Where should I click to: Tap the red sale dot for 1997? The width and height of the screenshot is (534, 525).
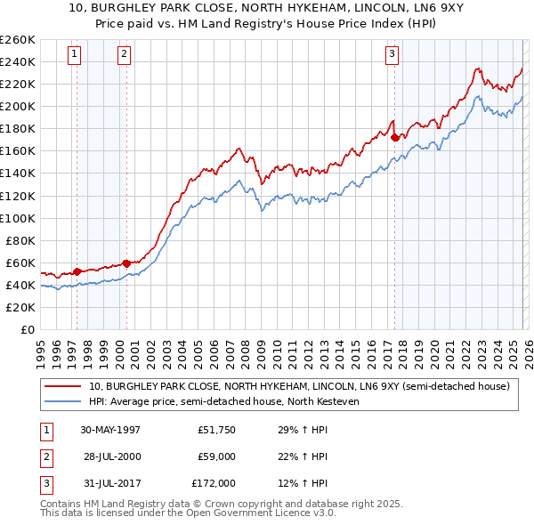[77, 271]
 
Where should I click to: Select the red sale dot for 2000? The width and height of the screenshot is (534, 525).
[127, 263]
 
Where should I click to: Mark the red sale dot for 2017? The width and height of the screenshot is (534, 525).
[395, 137]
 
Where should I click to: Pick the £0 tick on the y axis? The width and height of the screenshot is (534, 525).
[26, 329]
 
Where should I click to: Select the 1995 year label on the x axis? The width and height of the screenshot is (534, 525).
[41, 350]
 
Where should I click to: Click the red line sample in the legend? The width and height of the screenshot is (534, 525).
[62, 386]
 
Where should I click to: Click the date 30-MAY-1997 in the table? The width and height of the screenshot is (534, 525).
[110, 430]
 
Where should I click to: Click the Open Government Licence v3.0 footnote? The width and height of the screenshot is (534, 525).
[258, 513]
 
